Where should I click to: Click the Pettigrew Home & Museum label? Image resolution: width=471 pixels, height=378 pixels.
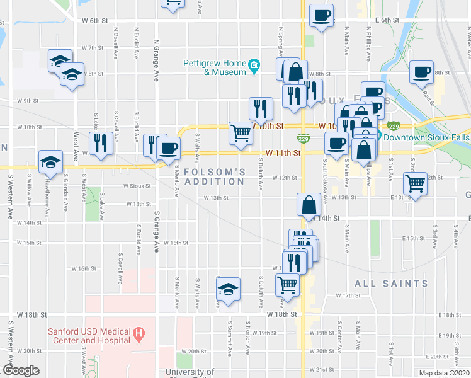point(214,67)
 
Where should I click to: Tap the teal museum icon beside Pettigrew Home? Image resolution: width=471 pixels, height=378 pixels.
point(253,66)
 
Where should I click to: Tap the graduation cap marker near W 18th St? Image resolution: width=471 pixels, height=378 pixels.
point(228,289)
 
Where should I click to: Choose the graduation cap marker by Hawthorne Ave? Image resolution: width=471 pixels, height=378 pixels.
point(50,162)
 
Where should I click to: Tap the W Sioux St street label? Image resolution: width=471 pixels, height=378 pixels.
point(137,186)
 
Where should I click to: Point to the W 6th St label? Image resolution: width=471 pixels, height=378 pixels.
point(96,21)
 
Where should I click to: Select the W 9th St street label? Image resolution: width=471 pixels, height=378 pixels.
point(28,101)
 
